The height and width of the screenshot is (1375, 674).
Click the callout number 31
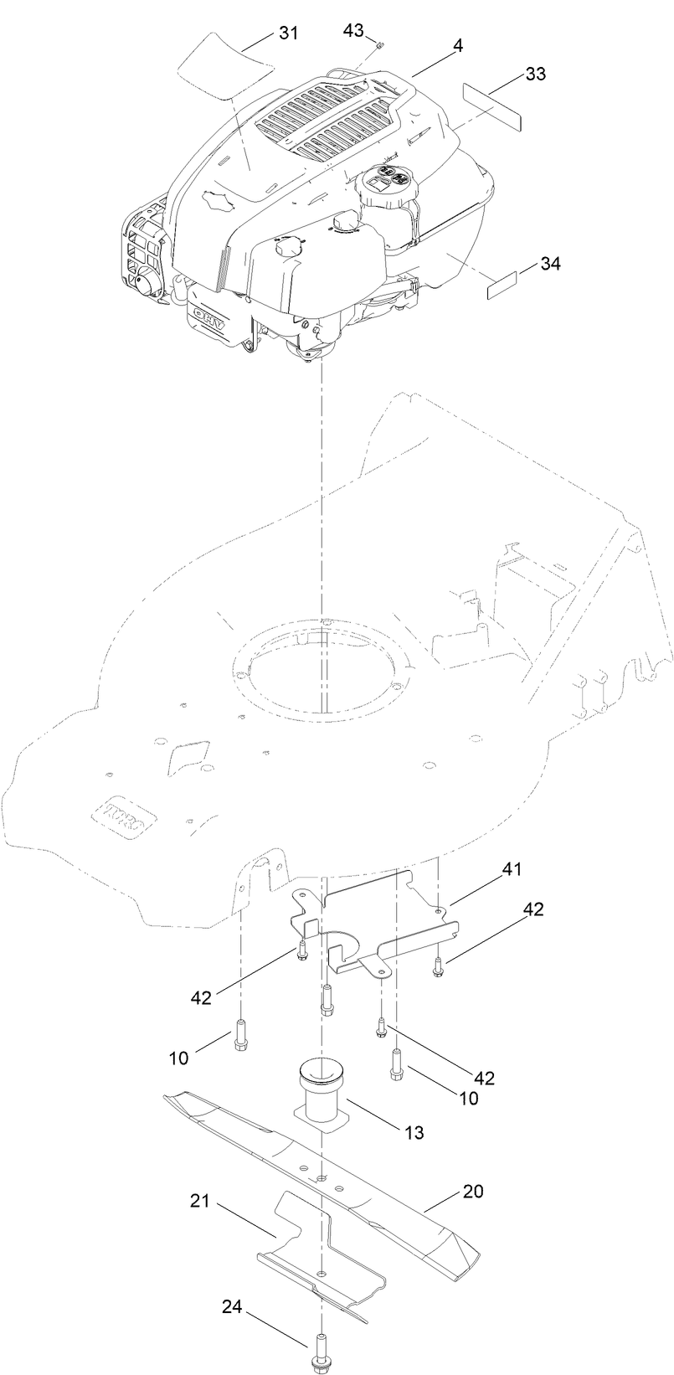[x=288, y=33]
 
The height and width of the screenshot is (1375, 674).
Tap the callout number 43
[x=353, y=30]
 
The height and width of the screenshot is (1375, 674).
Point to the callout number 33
[x=535, y=74]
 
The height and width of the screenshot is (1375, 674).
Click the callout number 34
[x=549, y=263]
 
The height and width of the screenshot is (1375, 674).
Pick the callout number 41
[x=511, y=869]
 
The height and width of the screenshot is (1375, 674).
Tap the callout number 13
[x=413, y=1133]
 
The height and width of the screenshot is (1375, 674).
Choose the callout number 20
[x=472, y=1190]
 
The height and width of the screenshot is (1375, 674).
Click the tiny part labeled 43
[x=379, y=44]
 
